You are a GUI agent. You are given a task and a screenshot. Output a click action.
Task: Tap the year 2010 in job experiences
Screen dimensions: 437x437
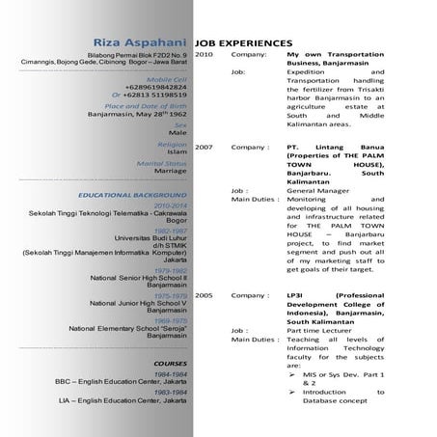[x=205, y=56]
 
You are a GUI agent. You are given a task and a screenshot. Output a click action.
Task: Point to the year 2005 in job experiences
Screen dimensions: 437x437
[x=205, y=293]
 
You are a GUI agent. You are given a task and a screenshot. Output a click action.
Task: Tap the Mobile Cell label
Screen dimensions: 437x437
[x=166, y=77]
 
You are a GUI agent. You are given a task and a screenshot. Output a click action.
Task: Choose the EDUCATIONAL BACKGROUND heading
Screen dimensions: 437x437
[x=134, y=195]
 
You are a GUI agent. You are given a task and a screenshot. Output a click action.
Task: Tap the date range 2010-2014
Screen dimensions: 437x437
[x=170, y=205]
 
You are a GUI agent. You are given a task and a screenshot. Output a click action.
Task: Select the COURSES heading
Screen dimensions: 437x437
[x=170, y=364]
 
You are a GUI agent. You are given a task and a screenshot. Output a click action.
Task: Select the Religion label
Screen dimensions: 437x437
[x=172, y=144]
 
